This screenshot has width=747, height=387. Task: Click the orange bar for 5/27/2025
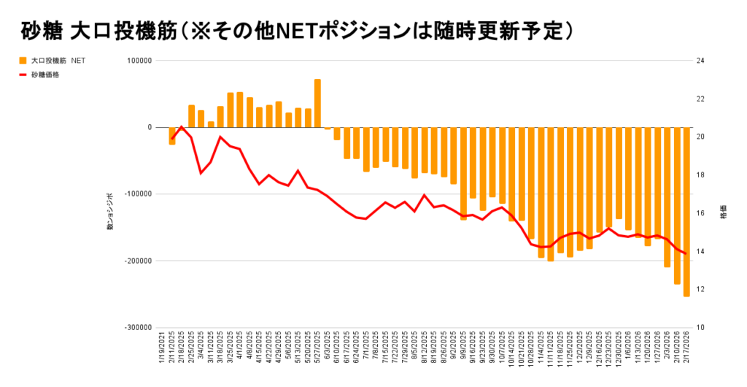pyautogui.click(x=317, y=103)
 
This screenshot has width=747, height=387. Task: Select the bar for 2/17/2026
pyautogui.click(x=686, y=212)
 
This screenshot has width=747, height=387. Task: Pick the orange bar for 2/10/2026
pyautogui.click(x=677, y=205)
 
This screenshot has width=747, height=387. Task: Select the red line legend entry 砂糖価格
pyautogui.click(x=45, y=74)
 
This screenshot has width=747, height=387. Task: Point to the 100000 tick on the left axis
pyautogui.click(x=137, y=61)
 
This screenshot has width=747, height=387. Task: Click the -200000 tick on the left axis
pyautogui.click(x=136, y=261)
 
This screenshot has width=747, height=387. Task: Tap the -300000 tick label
pyautogui.click(x=136, y=328)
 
